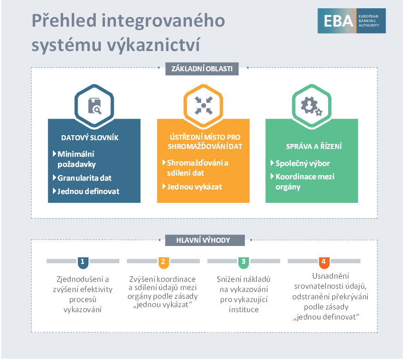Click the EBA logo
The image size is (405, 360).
[x=352, y=21]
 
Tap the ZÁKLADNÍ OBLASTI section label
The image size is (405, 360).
[x=202, y=69]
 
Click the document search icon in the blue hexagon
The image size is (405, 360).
[x=95, y=106]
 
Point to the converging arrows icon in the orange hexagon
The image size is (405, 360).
[x=203, y=105]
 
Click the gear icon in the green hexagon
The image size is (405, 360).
[x=312, y=106]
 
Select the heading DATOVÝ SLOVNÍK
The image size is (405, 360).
[x=90, y=137]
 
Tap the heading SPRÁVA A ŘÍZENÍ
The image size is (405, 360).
[x=314, y=146]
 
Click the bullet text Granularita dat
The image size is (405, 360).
[x=84, y=178]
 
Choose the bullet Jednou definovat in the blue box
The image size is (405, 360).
[x=88, y=191]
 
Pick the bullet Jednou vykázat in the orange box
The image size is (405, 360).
[x=195, y=187]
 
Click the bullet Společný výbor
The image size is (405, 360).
[x=302, y=163]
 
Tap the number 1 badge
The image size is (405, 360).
[x=83, y=263]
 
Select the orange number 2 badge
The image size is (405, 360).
[x=163, y=263]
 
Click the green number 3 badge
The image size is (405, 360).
[x=243, y=263]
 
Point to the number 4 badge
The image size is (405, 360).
[x=324, y=263]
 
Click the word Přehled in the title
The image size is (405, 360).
[x=64, y=20]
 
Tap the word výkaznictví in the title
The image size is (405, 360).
[x=154, y=45]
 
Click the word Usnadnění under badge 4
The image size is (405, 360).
[x=330, y=276]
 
